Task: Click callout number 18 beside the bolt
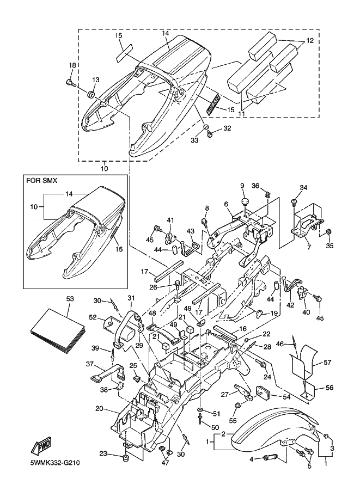tap(72, 65)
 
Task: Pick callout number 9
tap(242, 187)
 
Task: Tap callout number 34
tap(304, 188)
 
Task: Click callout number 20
tap(99, 408)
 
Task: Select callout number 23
tap(103, 453)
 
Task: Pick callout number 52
tap(93, 317)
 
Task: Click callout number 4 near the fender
tap(251, 459)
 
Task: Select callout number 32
tap(227, 129)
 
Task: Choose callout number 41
tap(169, 220)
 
